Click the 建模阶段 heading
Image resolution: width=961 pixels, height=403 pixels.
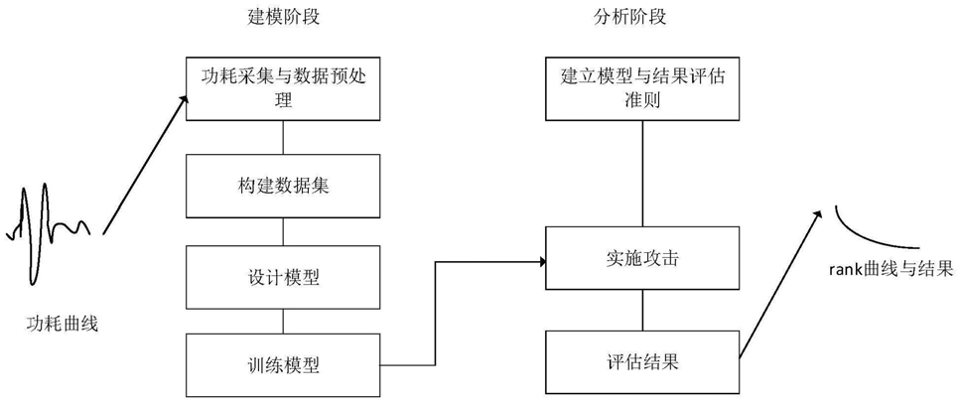(x=283, y=18)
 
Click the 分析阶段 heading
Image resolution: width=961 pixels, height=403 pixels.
(x=630, y=18)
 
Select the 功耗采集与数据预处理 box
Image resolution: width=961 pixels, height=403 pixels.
(x=283, y=89)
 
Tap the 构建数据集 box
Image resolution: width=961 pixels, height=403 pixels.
(x=283, y=187)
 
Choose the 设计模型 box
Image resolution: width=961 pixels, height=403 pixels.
(x=283, y=278)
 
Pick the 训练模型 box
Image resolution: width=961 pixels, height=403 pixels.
(x=283, y=365)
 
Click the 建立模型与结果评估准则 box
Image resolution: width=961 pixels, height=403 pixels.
(x=642, y=89)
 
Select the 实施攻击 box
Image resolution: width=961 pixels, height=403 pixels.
(x=642, y=258)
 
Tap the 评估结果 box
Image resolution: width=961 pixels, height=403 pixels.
(x=642, y=362)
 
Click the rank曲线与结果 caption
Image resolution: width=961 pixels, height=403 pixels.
(x=891, y=269)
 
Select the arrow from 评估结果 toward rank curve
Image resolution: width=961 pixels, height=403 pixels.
(x=779, y=284)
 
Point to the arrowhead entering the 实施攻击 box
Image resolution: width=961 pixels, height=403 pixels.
(x=541, y=262)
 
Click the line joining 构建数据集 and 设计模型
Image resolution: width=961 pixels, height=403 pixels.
(x=283, y=232)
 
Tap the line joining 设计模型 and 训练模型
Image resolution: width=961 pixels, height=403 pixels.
(x=283, y=322)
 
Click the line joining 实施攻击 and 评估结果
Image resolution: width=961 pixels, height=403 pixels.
(x=641, y=311)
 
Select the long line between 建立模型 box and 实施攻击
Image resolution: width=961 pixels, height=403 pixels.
(x=641, y=174)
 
